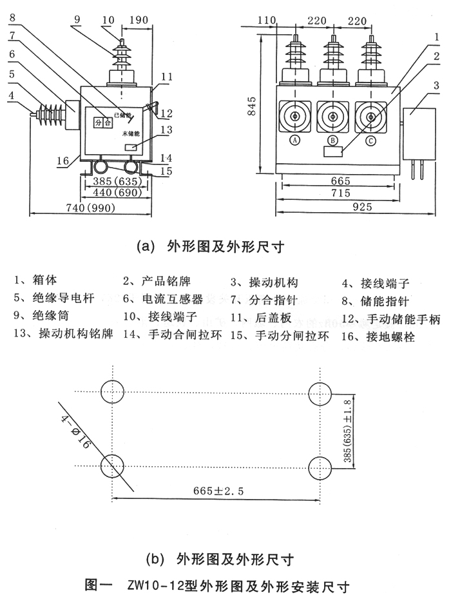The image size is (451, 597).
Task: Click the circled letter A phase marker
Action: point(295,140)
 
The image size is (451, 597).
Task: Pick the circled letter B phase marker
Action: point(332,140)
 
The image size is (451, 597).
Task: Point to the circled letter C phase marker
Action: point(370,140)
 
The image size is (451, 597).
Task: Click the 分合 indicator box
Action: point(103,122)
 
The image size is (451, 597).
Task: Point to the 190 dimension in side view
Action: point(136,20)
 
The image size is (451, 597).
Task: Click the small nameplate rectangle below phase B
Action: point(333,152)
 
